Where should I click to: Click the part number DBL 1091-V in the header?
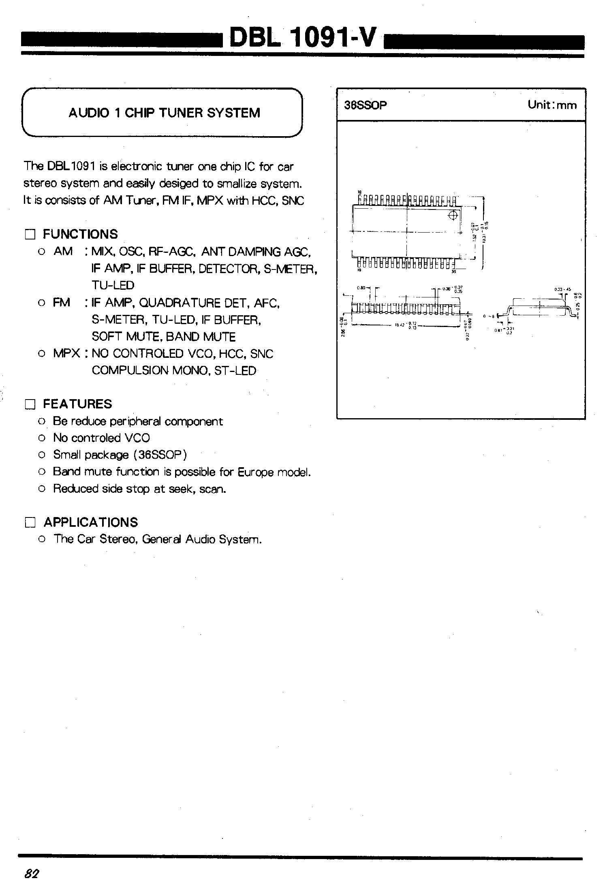coord(303,38)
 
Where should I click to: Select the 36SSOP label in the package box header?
coord(366,105)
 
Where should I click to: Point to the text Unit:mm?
coord(552,105)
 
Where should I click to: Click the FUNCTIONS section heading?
coord(80,234)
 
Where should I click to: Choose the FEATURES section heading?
coord(77,404)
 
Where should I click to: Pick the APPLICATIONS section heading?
coord(91,522)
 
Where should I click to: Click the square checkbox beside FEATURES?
coord(30,404)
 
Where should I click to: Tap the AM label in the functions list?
coord(63,251)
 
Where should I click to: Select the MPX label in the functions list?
coord(66,353)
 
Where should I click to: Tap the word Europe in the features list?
coord(256,472)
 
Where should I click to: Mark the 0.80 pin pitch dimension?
coord(361,288)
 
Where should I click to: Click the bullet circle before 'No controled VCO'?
coord(41,438)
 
